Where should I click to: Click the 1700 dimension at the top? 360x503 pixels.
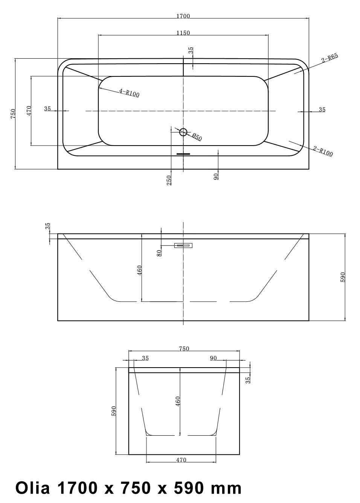[183, 16]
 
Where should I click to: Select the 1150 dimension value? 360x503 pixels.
[183, 33]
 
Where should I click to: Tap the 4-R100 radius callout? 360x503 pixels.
[130, 93]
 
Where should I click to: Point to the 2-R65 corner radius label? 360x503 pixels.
[330, 58]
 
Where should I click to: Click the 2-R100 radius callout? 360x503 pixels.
[323, 151]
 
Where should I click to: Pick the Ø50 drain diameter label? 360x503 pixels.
[197, 137]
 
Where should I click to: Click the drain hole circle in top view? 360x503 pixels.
[183, 132]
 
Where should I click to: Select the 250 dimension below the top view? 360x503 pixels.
[169, 180]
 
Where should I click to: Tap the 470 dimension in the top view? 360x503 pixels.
[29, 111]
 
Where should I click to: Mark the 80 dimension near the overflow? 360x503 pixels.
[159, 253]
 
